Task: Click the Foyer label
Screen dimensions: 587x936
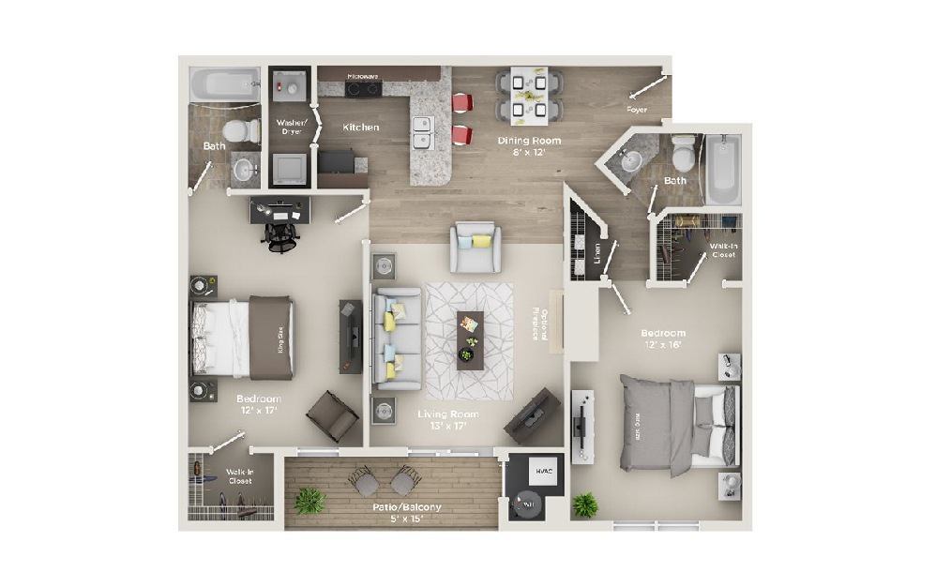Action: pos(638,110)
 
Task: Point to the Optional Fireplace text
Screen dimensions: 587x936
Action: pos(537,324)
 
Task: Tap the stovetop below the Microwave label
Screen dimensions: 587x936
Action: pos(363,90)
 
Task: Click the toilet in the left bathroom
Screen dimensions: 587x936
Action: pos(246,132)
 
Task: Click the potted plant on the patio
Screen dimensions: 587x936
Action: pos(309,500)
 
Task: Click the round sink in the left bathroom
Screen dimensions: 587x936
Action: pos(243,170)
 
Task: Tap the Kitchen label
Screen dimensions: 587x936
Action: pos(360,127)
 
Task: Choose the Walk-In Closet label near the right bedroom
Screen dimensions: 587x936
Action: pos(723,248)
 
